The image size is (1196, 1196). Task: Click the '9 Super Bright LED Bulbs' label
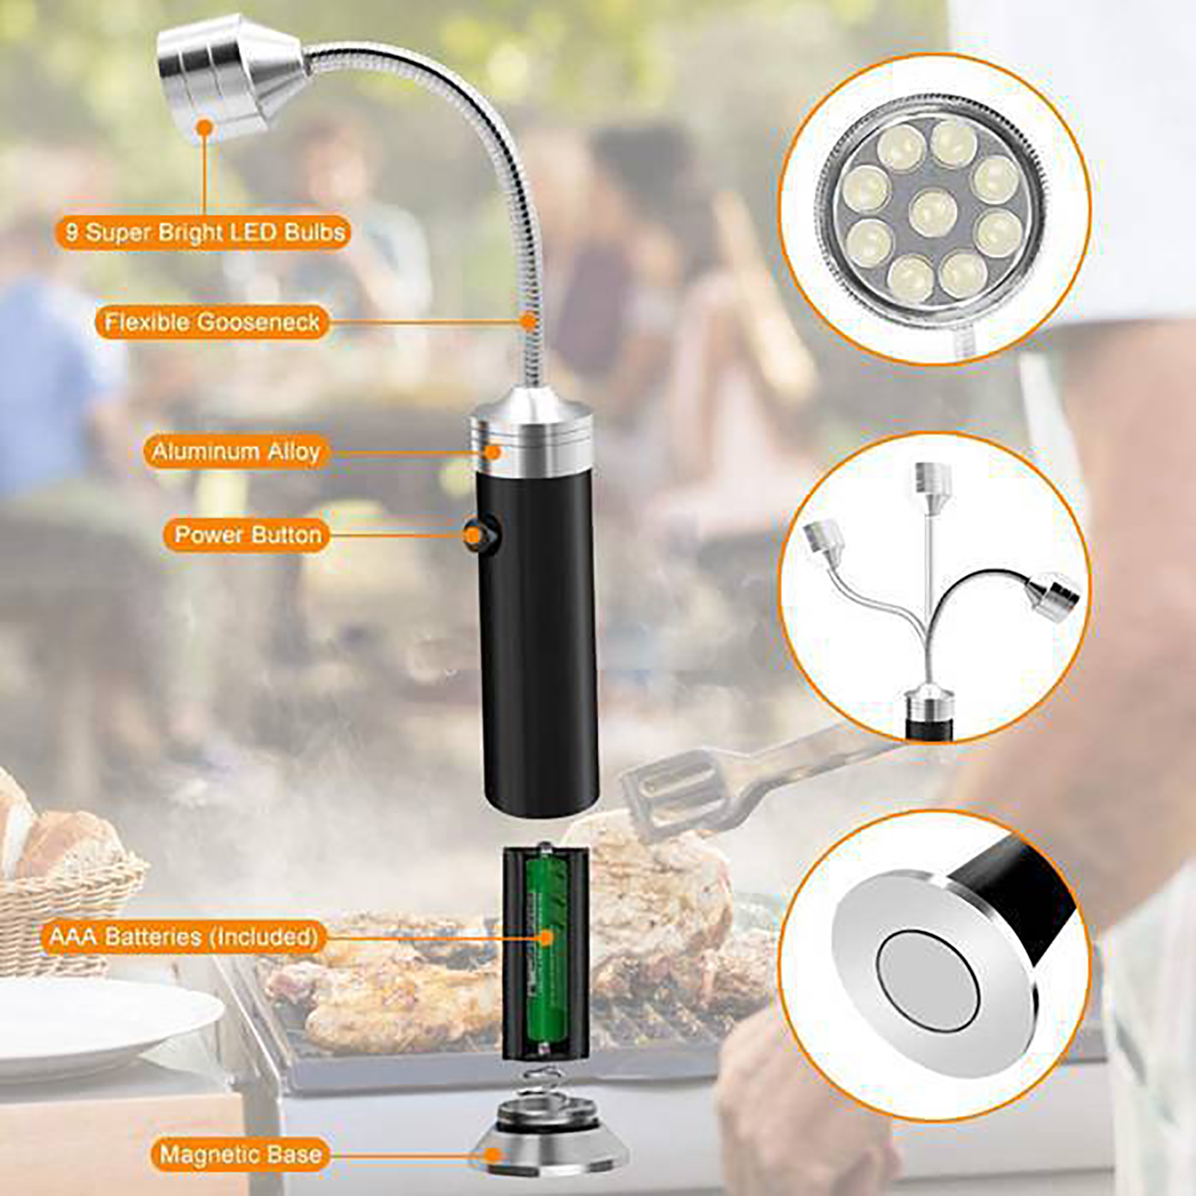203,232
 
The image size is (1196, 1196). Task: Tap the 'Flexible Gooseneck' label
212,322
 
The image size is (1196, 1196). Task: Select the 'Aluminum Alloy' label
236,451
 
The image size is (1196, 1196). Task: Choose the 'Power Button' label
247,534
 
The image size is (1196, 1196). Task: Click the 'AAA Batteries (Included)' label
184,937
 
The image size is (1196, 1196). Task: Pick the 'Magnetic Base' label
241,1155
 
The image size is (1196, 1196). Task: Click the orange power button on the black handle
473,534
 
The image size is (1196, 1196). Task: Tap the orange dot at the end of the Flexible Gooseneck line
528,322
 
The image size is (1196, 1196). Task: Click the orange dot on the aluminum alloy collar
493,451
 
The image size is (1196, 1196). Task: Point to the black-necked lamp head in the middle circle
1052,596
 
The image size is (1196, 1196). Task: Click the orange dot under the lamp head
205,129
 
